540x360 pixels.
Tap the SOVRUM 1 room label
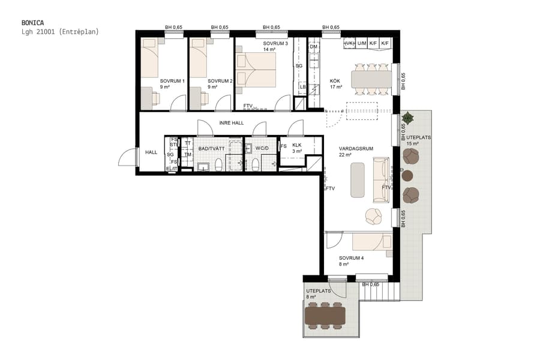point(172,81)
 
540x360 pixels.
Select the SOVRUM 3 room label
point(275,44)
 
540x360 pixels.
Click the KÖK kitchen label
point(335,81)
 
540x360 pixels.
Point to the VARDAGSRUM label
point(353,148)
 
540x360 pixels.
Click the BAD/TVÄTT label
point(211,148)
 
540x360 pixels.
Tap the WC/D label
point(260,148)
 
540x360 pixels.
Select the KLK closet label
point(296,145)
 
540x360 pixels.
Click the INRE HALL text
point(231,122)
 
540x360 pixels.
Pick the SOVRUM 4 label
point(351,258)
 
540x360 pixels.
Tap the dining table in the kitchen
point(371,79)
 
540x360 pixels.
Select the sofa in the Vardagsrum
point(380,179)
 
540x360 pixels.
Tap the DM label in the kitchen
point(313,47)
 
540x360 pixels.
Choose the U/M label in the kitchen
point(361,43)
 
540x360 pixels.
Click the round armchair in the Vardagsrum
point(373,216)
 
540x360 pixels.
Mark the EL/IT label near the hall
point(172,169)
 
